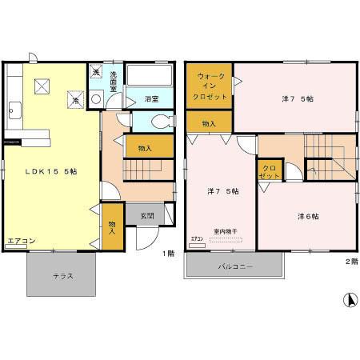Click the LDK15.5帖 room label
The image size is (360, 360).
click(x=50, y=171)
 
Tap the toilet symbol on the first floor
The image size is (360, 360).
click(x=161, y=122)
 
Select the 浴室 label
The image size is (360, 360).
click(x=152, y=98)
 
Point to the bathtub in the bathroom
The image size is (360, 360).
click(x=150, y=77)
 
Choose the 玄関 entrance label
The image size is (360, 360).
click(x=148, y=214)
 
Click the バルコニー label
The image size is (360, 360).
click(x=235, y=266)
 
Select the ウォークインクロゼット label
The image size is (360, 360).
click(x=210, y=86)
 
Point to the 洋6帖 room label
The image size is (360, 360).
click(x=308, y=216)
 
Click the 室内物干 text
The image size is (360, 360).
click(x=225, y=232)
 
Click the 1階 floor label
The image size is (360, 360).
click(x=168, y=254)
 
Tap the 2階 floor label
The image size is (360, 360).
click(x=351, y=261)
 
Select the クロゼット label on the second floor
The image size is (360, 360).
click(x=268, y=172)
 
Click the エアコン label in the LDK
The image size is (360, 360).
click(x=21, y=240)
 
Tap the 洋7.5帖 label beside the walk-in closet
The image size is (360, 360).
click(x=295, y=99)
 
